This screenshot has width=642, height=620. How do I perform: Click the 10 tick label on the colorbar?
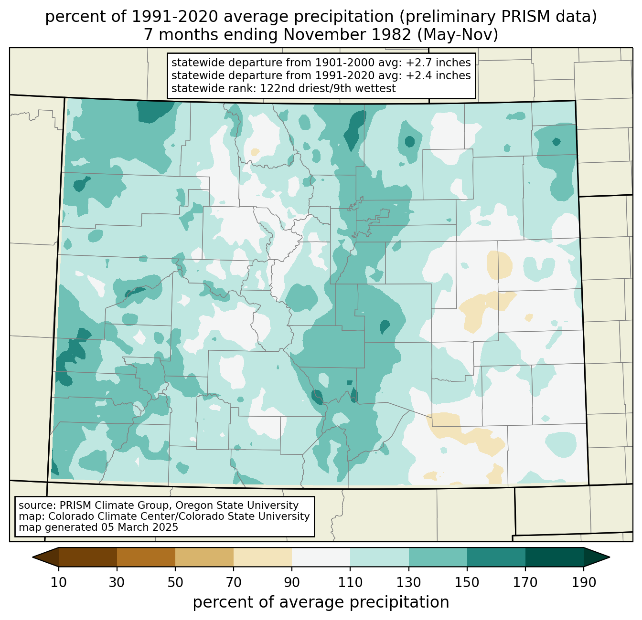tap(58, 583)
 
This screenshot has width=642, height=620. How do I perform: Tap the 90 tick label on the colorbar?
tap(292, 583)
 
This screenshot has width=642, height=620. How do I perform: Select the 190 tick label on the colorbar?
tap(583, 583)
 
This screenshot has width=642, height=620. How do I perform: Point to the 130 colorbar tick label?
tap(408, 583)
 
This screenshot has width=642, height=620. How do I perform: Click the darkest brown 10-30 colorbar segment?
tap(88, 557)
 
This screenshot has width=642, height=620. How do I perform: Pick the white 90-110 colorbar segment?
tap(321, 557)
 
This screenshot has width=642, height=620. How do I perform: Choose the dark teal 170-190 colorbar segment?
tap(554, 557)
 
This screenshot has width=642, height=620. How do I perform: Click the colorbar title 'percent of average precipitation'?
tap(321, 602)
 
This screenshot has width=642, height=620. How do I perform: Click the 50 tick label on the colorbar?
tap(175, 583)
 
